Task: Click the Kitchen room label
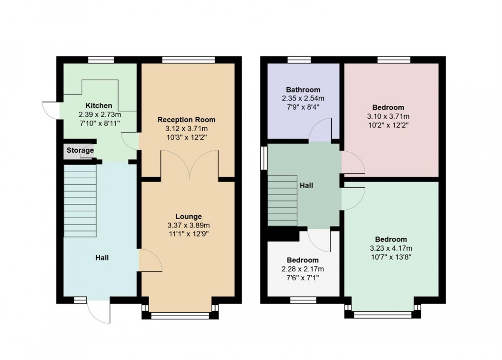99,105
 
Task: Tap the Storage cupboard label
80,150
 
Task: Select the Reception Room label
187,120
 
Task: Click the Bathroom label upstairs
303,90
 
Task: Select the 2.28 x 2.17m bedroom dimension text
303,269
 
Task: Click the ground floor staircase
80,200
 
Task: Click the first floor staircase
282,200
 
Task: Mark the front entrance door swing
100,312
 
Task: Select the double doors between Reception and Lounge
189,164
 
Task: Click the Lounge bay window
180,316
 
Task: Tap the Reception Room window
188,60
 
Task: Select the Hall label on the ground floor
102,258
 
